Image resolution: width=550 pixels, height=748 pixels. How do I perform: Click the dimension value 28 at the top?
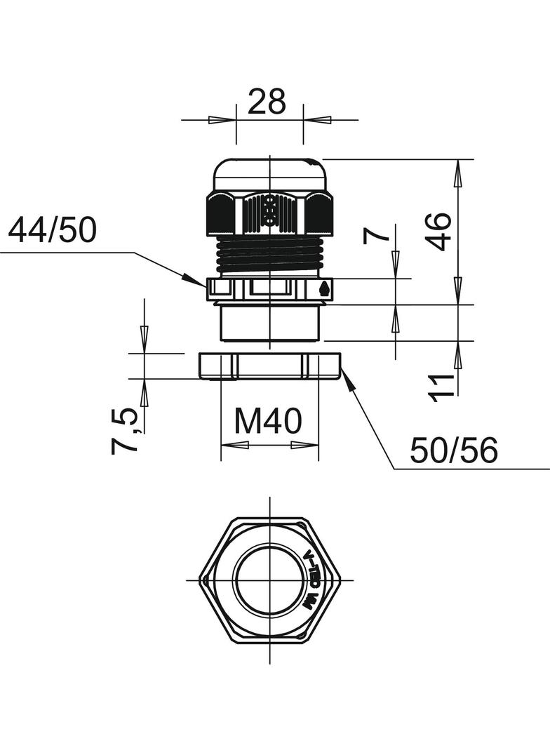coord(267,102)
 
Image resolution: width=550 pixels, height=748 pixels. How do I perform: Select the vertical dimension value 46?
coord(439,231)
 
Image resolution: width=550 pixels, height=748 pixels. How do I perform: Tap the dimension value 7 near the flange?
coord(376,234)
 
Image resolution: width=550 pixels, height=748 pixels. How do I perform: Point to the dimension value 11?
coord(442,387)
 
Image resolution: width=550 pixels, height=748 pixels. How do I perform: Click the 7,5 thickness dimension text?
coord(124,432)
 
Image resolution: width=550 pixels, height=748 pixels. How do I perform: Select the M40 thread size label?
coord(268,421)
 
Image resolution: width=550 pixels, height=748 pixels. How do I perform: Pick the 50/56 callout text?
coord(454,450)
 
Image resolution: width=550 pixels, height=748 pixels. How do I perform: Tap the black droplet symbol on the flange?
coord(323,288)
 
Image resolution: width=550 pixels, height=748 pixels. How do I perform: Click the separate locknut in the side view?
coord(270,366)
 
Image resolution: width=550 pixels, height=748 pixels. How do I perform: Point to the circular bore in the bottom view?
coord(269,580)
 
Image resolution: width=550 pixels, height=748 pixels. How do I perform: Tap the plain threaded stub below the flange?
coord(270,323)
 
